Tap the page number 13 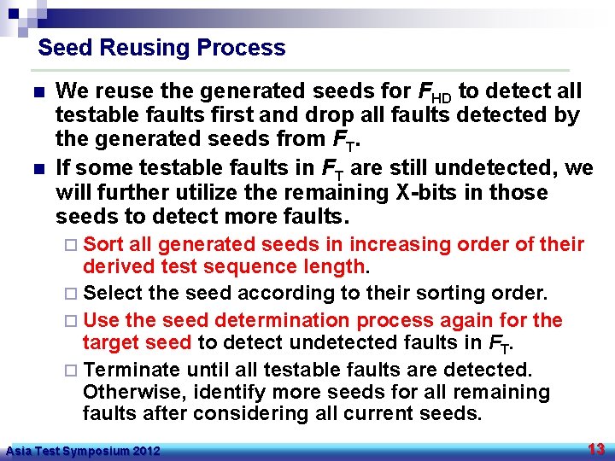click(595, 447)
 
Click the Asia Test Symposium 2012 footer click(82, 451)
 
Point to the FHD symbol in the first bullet click(436, 91)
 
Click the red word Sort click(104, 245)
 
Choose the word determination click(281, 320)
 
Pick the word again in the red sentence click(477, 320)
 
